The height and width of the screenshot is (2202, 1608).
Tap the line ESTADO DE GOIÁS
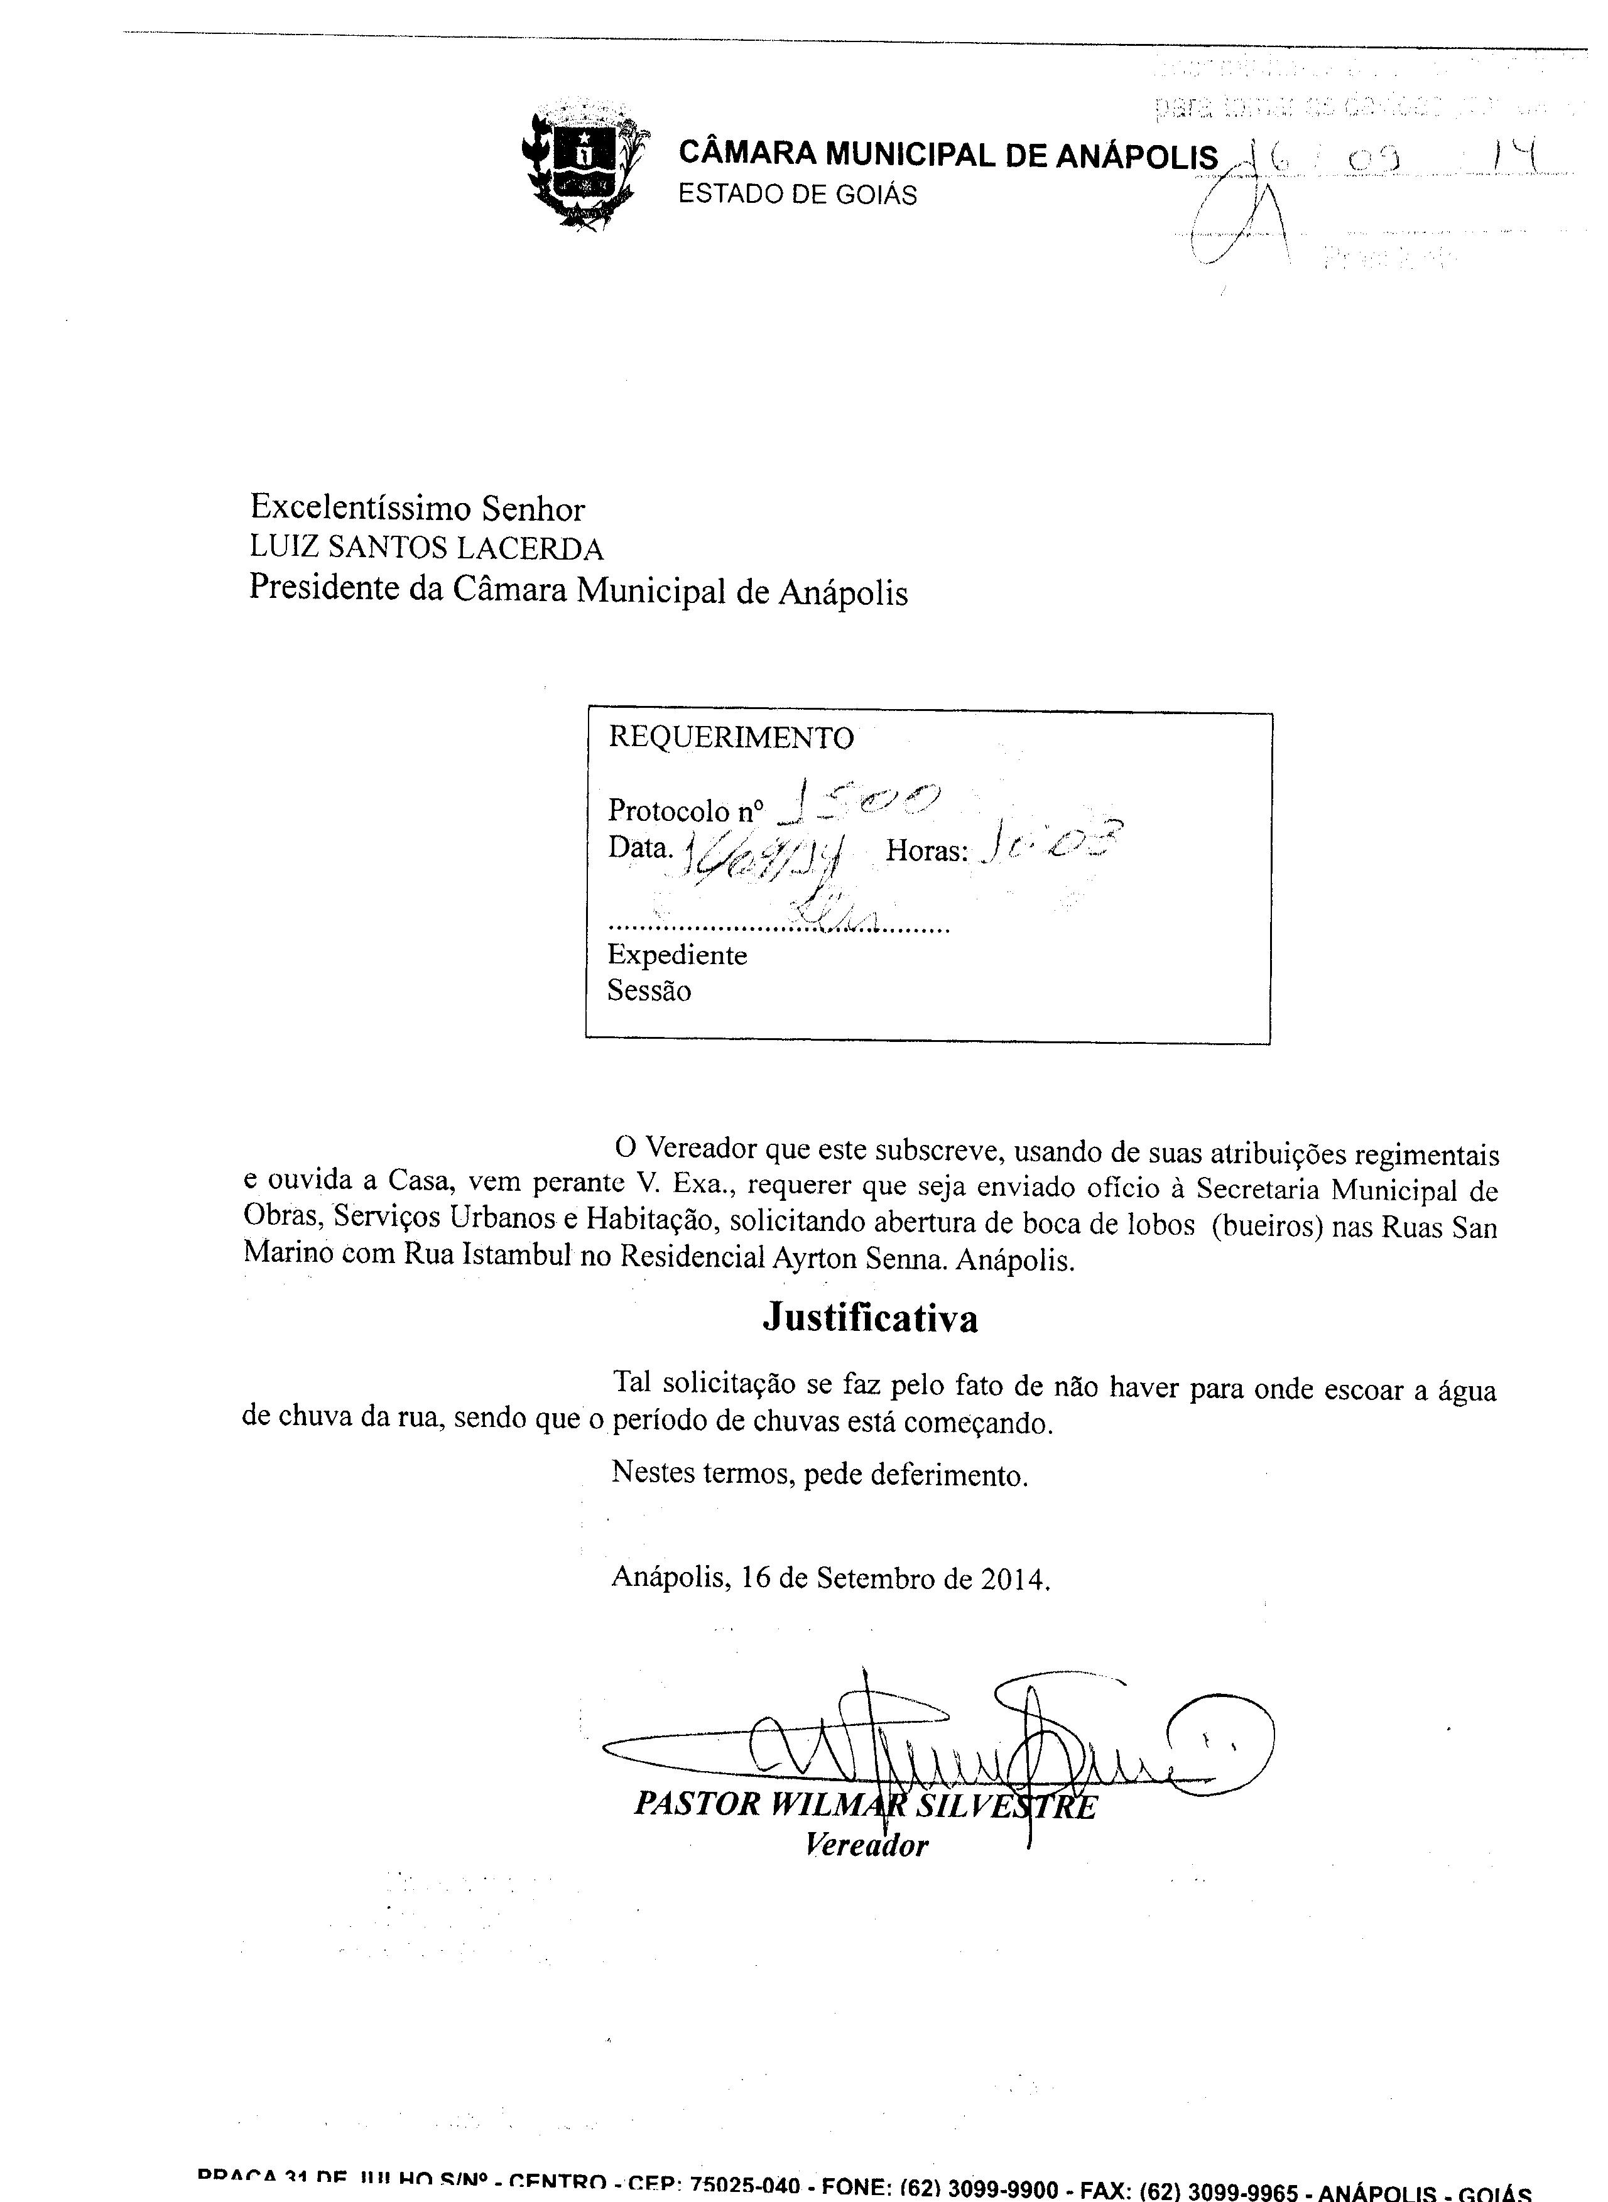pos(797,195)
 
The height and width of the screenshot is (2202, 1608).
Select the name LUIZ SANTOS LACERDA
pos(426,549)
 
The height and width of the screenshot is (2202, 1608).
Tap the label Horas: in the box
pos(926,852)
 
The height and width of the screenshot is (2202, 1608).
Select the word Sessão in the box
pos(649,992)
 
